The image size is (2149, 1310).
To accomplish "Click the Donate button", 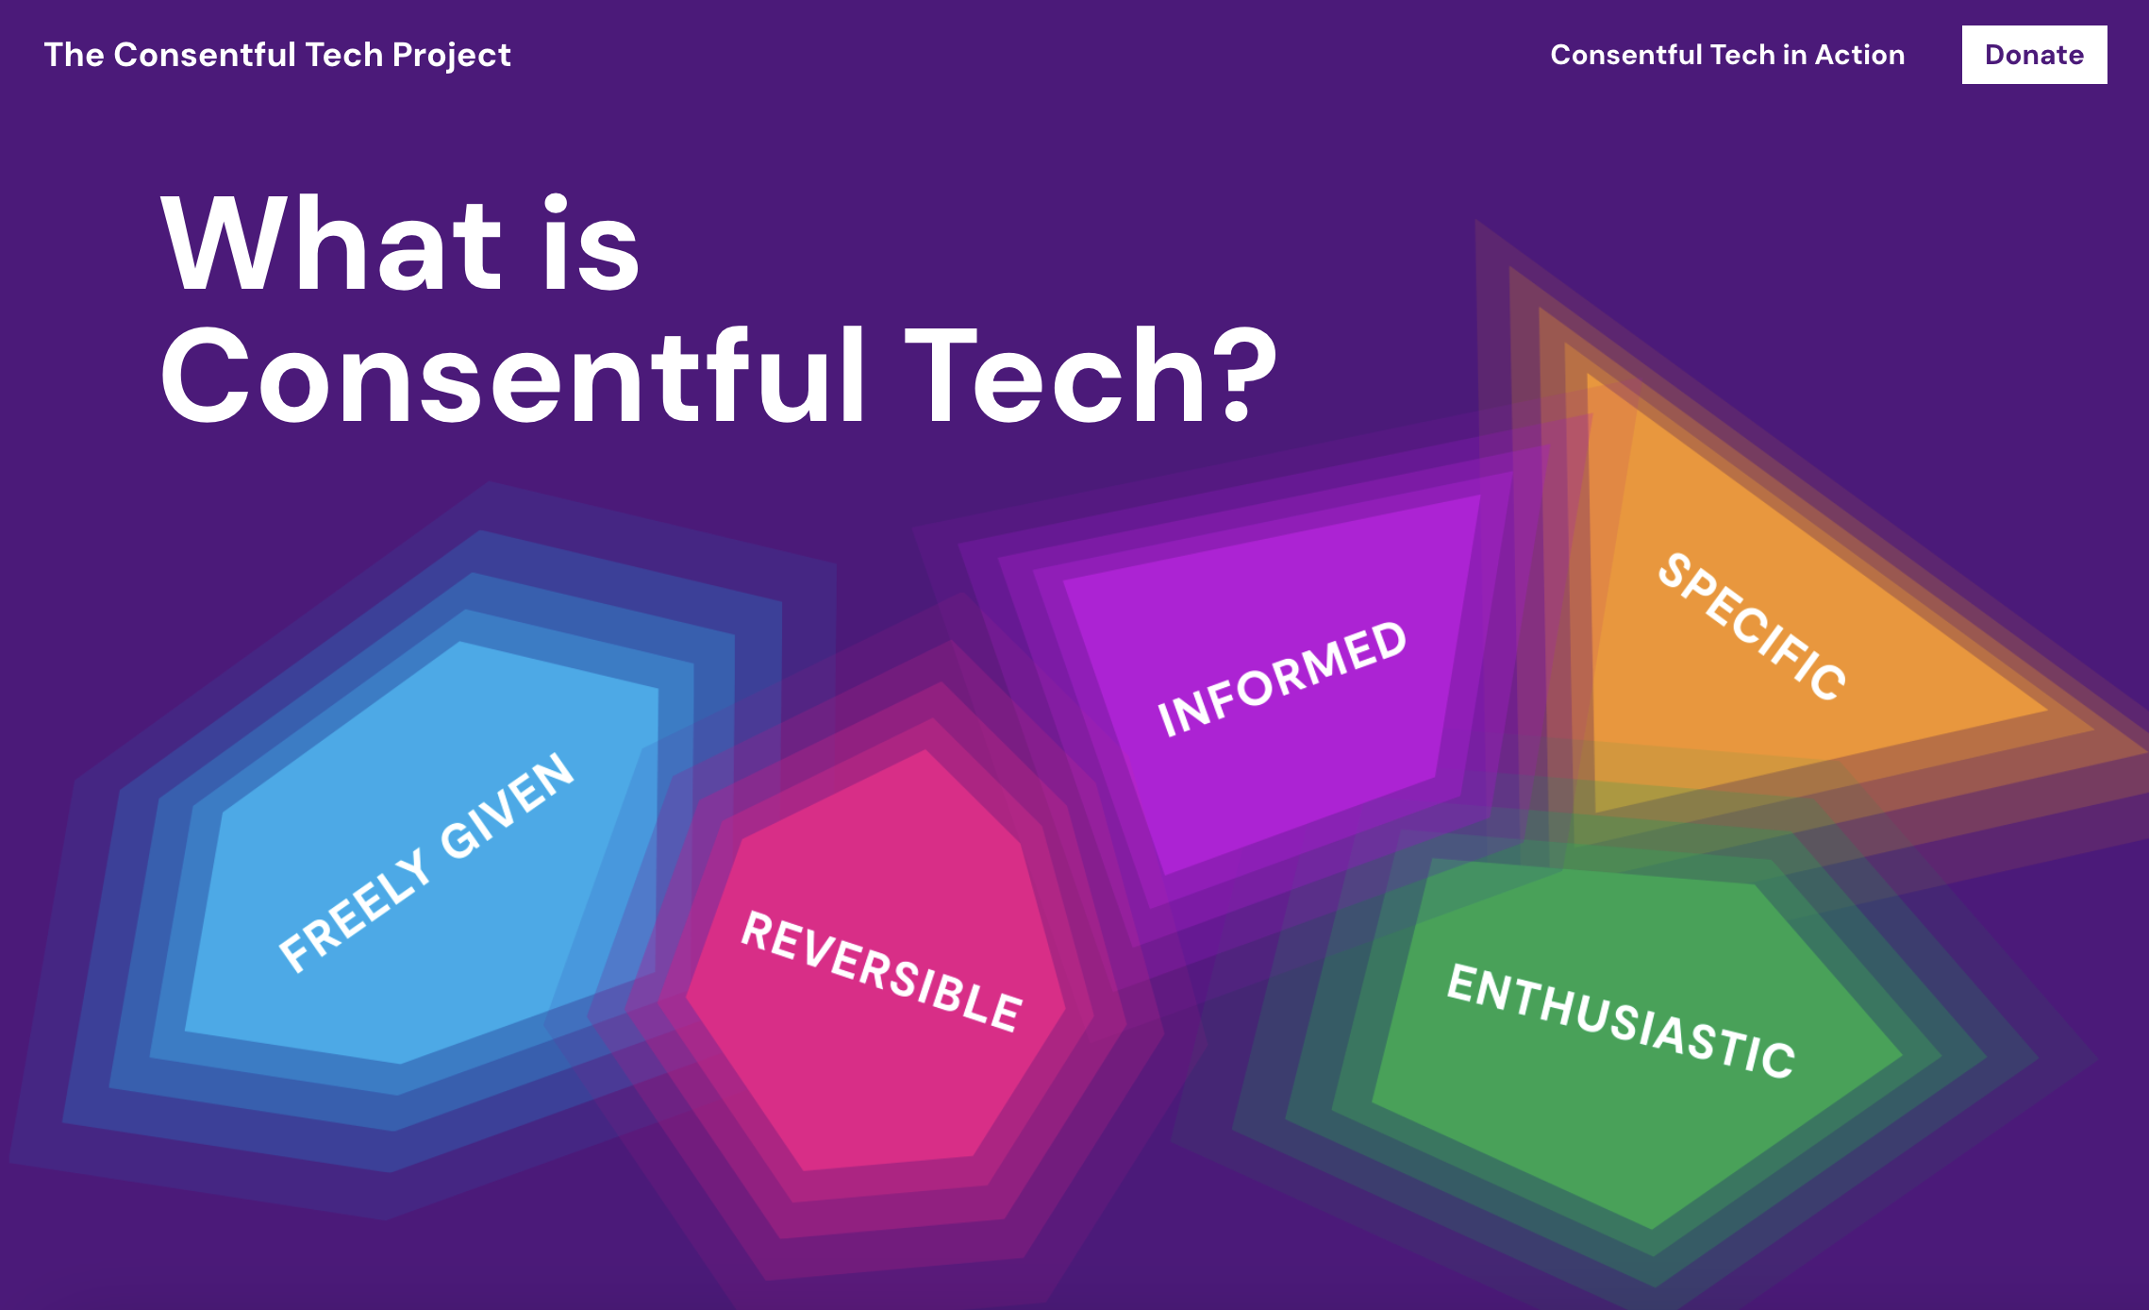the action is click(2034, 55).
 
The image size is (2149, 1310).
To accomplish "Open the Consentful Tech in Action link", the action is click(1727, 55).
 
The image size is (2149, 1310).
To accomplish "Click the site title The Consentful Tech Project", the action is click(277, 55).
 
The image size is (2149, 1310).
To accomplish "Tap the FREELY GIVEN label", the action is click(426, 863).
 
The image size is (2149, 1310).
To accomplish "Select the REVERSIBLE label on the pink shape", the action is click(881, 971).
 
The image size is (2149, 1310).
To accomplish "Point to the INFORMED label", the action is click(1282, 679).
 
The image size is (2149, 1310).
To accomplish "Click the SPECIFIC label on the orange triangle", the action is click(1752, 627).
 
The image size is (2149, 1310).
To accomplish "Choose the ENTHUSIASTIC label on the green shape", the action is click(1621, 1020).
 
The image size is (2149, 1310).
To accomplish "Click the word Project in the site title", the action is click(452, 56).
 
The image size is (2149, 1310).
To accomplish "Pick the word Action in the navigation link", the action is click(1860, 55).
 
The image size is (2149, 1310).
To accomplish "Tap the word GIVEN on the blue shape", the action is click(508, 806).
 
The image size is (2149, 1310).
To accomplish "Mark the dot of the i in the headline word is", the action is click(557, 205).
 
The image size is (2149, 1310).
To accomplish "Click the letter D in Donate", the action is click(1996, 55).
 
